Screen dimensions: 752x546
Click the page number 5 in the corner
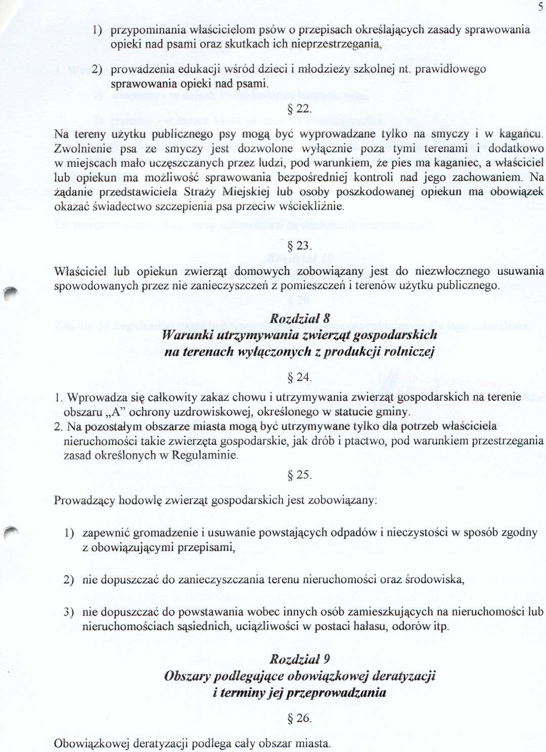[540, 7]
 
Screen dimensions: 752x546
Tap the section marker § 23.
[299, 246]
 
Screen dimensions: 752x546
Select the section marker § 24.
[299, 378]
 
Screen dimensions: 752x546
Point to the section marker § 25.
[299, 475]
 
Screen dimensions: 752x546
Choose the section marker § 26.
[299, 718]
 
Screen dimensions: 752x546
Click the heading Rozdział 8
[299, 318]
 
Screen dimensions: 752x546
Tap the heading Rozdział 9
[299, 659]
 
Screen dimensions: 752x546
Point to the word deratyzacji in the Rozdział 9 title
[403, 676]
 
